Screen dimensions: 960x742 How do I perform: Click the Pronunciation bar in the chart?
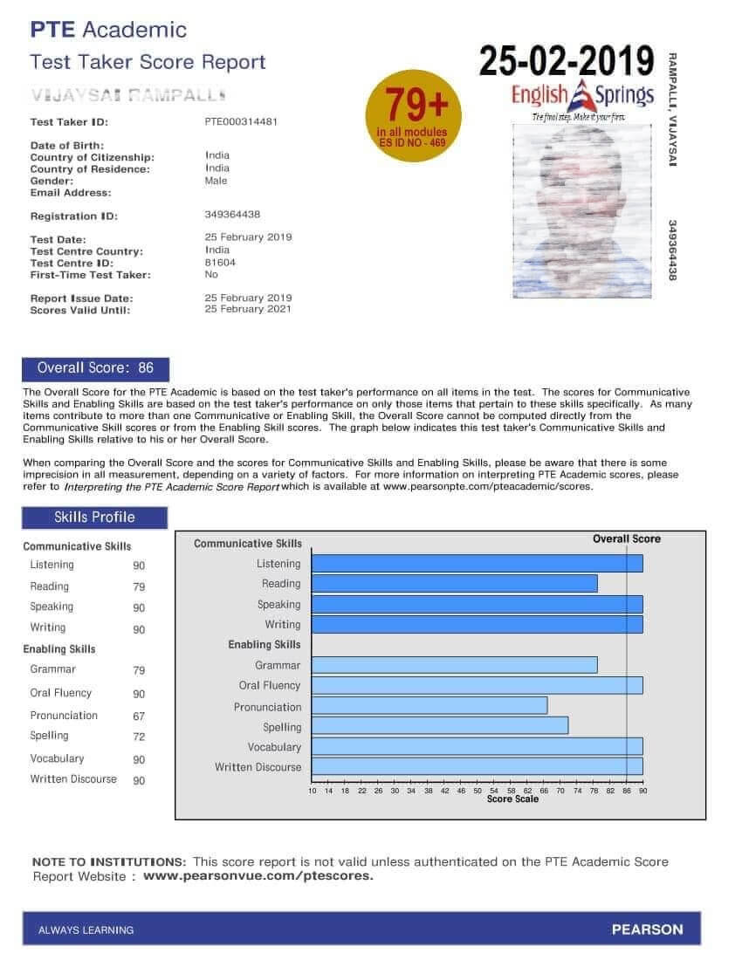(429, 705)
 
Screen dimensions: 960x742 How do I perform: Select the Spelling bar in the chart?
(440, 725)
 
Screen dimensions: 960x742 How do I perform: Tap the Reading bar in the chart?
(454, 583)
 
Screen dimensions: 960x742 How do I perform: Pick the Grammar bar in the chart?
(454, 665)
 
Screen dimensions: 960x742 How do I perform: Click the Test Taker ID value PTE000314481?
(241, 122)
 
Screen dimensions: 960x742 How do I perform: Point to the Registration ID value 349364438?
(232, 215)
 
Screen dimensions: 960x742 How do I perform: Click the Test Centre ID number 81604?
(220, 262)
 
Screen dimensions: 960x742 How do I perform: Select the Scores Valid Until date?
(248, 309)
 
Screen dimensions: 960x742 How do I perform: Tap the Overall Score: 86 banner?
(95, 368)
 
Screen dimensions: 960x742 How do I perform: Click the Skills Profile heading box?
(94, 518)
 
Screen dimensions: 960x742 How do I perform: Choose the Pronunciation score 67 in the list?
(139, 717)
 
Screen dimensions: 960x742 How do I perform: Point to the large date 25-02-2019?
(567, 60)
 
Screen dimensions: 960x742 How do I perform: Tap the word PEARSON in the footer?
(647, 929)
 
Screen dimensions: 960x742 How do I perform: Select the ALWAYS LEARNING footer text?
(86, 930)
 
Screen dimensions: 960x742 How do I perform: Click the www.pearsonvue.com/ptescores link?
(258, 875)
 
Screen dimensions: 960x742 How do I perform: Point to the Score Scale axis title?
(512, 799)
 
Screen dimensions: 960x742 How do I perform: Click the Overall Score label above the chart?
(627, 539)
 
